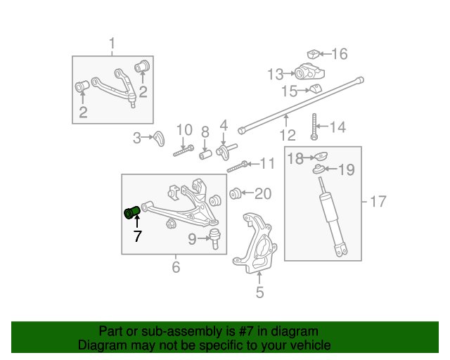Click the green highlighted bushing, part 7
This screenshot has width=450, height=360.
(131, 213)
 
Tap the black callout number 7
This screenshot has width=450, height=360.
(138, 236)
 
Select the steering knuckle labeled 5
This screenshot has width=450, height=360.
(255, 243)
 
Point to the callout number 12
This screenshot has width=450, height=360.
(288, 135)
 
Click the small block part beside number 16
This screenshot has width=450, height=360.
(314, 54)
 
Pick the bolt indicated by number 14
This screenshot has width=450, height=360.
(314, 127)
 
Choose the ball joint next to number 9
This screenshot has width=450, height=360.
(215, 238)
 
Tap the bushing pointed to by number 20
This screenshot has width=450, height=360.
(235, 193)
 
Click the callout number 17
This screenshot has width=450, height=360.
(378, 202)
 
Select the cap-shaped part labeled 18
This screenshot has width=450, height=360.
(321, 157)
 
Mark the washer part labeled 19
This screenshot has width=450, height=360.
(319, 169)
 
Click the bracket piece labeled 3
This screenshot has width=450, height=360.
(159, 139)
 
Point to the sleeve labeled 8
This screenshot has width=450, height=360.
(205, 155)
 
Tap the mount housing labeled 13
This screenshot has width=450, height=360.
(309, 72)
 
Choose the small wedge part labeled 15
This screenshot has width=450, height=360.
(316, 89)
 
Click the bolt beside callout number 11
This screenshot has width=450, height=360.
(238, 167)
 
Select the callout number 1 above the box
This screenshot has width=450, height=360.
(112, 44)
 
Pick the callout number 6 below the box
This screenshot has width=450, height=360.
(176, 267)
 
